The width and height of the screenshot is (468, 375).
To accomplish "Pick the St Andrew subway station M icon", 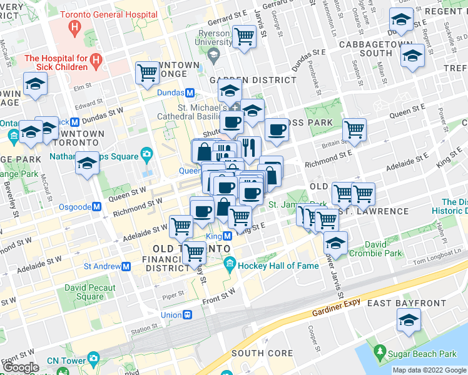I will (126, 266).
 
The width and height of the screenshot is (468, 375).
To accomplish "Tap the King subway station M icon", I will (228, 236).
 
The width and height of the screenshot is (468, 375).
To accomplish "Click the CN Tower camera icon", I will (94, 358).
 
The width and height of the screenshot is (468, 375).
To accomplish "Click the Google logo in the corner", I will (21, 367).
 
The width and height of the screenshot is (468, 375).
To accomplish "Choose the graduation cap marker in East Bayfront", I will (409, 320).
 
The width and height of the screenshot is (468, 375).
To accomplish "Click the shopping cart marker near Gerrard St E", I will (243, 36).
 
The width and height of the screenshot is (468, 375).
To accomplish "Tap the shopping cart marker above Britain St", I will (354, 129).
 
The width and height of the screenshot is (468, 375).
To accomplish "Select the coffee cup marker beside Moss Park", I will (277, 129).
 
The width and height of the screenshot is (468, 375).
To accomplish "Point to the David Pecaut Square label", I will (84, 292).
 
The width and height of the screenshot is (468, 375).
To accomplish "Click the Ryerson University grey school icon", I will (213, 56).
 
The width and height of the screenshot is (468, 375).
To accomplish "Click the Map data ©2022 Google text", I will (429, 370).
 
